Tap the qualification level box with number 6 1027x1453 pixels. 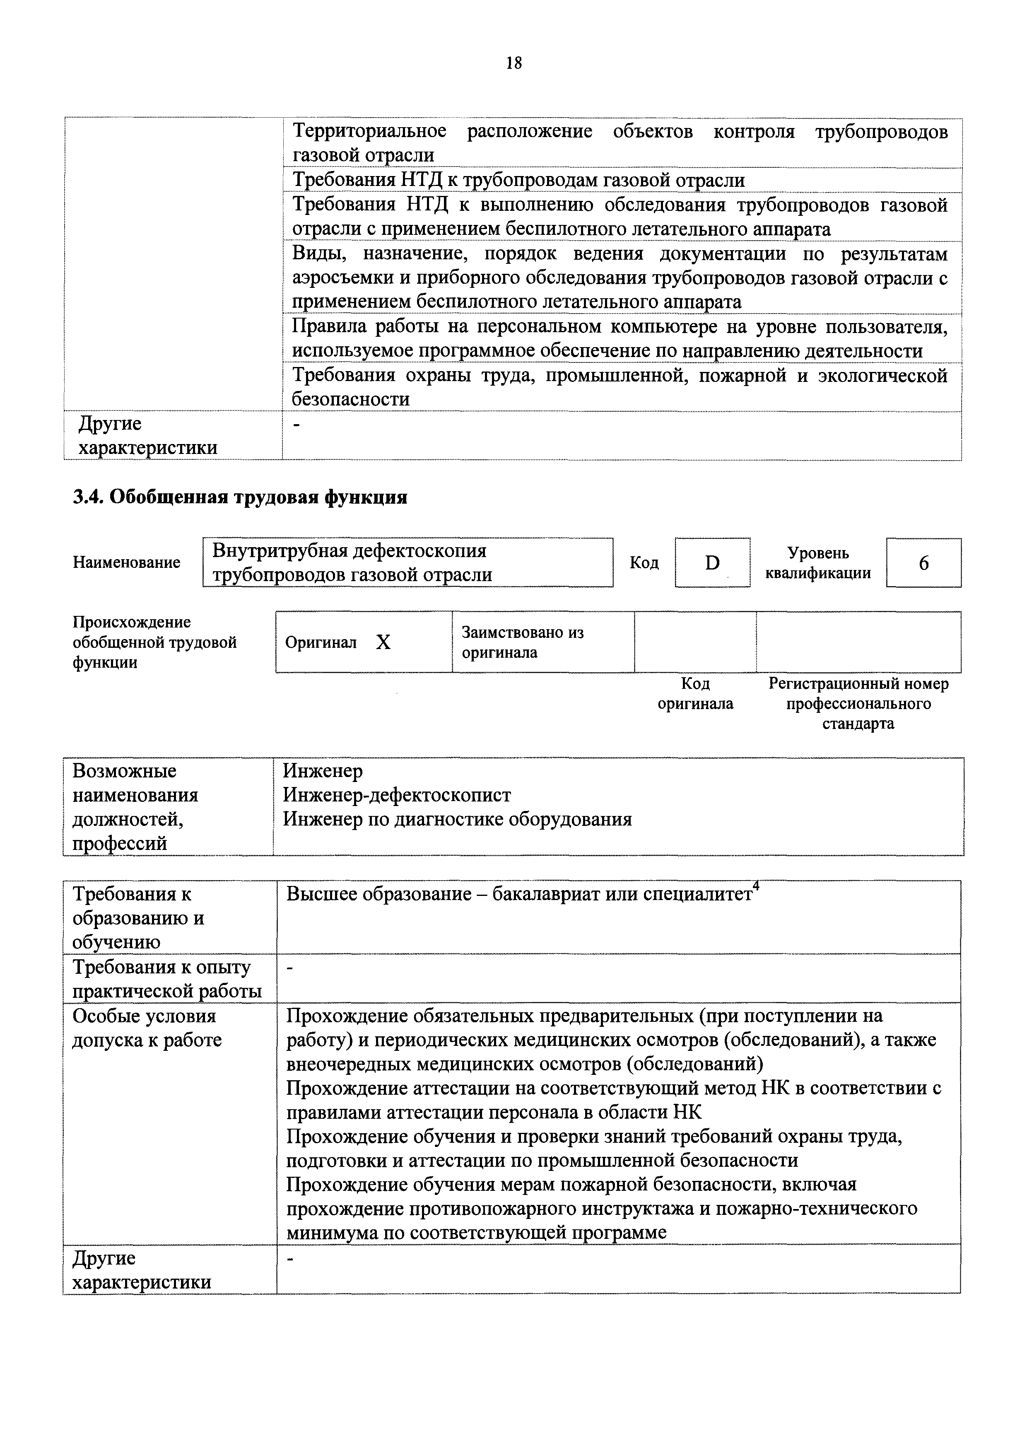[x=923, y=562]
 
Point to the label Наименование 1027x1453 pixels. [x=127, y=562]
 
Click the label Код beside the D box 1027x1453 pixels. [x=644, y=562]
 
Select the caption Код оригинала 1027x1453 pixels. [x=695, y=694]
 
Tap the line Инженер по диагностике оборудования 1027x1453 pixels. [x=457, y=820]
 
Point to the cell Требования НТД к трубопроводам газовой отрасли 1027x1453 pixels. [x=518, y=180]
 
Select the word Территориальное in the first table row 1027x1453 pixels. [x=369, y=132]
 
